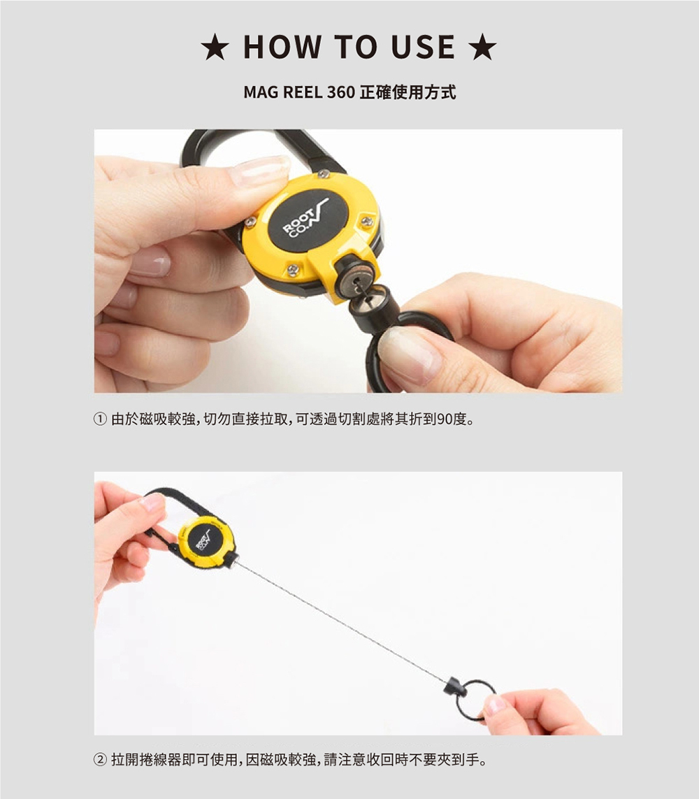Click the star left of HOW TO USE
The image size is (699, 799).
point(215,48)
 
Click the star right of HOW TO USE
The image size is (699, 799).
point(482,48)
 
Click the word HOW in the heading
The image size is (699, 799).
point(282,48)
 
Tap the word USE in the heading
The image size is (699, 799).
point(423,48)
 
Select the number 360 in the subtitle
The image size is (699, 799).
point(341,92)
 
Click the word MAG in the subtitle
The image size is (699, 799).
point(260,92)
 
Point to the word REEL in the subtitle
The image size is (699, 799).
point(303,92)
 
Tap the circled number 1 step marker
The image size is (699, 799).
point(101,419)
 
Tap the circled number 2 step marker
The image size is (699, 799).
point(101,760)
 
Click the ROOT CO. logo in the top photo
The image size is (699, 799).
point(305,219)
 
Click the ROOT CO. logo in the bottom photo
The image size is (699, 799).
point(202,540)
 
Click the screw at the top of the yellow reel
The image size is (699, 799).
point(323,174)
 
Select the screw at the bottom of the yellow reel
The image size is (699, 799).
point(293,270)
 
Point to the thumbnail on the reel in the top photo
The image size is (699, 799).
point(259,171)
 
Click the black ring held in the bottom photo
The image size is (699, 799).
point(475,701)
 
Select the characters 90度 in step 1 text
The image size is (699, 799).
point(452,419)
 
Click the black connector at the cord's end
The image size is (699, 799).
point(455,689)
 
